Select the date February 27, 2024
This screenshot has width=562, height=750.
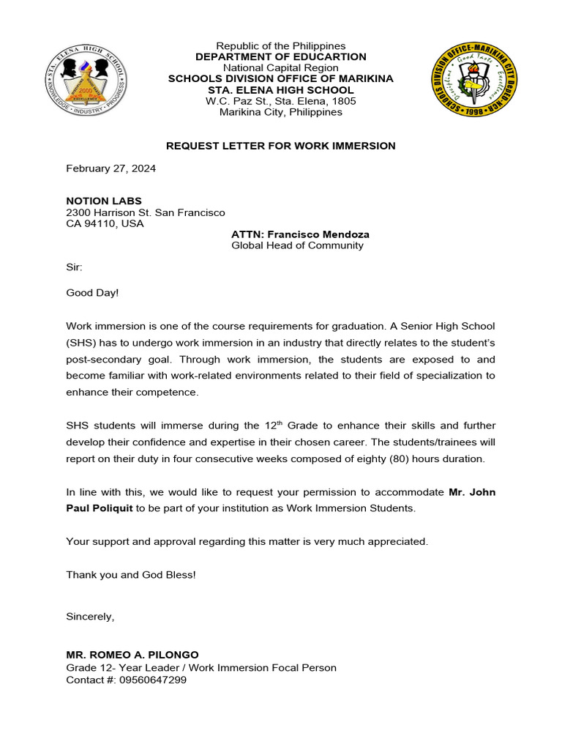coord(110,168)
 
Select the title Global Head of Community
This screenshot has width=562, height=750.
coord(297,246)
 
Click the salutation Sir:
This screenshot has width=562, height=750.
coord(75,269)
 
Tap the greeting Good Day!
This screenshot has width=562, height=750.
coord(92,292)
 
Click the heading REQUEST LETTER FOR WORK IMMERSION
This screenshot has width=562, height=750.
coord(280,146)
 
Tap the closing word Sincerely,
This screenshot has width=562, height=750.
coord(90,617)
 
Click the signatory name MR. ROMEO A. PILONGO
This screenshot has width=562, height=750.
coord(132,655)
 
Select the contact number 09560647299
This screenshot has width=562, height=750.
coord(153,680)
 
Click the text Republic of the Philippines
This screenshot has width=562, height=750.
coord(280,46)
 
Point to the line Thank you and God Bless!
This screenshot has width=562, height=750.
coord(131,575)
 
